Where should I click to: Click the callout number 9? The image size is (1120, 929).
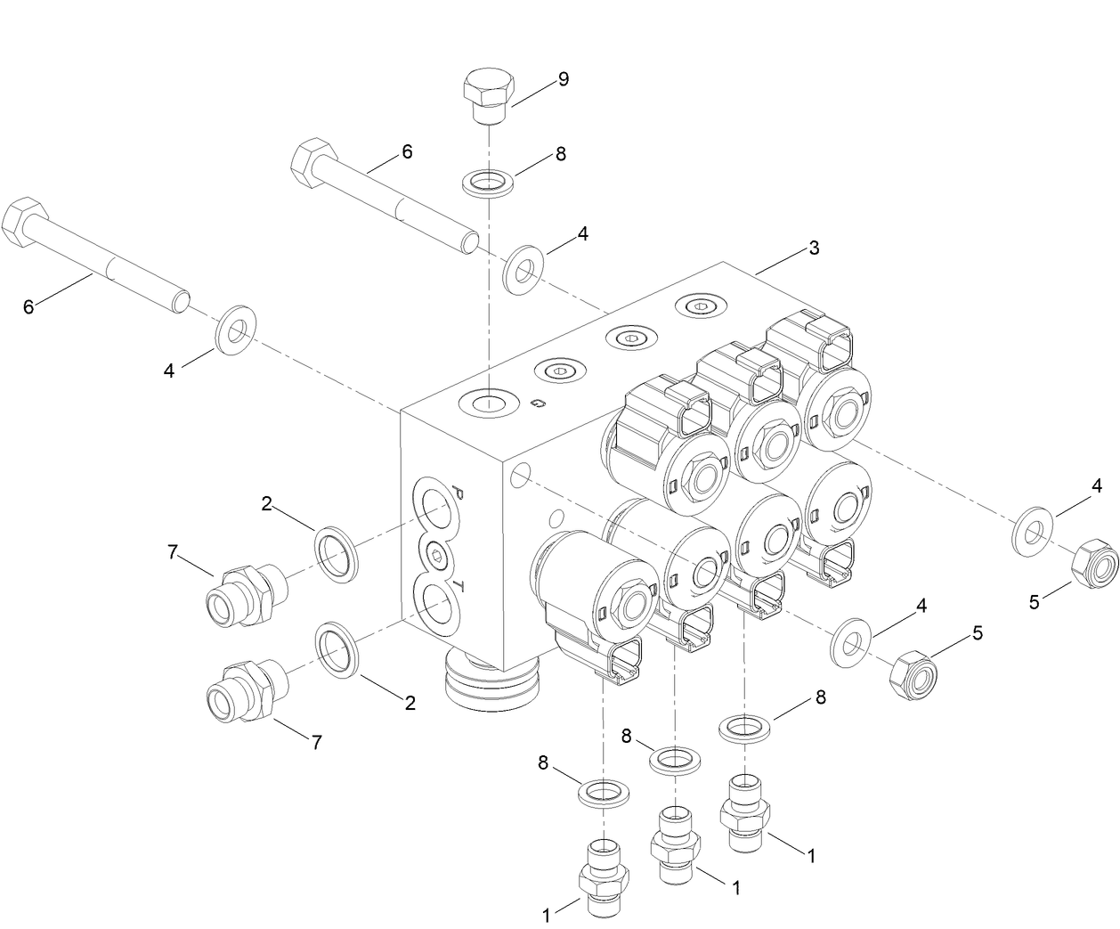point(563,78)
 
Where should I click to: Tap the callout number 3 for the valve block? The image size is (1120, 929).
point(813,248)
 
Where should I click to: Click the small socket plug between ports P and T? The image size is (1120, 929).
point(436,556)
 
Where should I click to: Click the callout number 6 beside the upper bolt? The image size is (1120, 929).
point(407,151)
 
